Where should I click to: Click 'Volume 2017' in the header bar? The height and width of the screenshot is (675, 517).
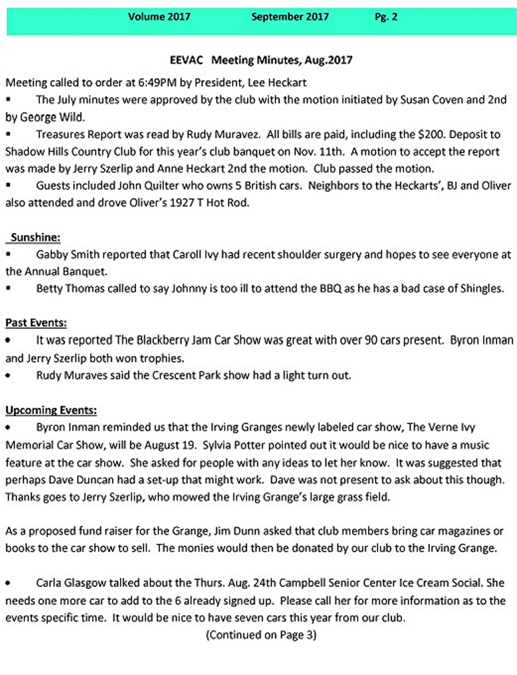(159, 17)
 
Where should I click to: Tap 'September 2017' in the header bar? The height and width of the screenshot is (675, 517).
(290, 17)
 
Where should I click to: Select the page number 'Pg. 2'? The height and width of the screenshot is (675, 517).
(386, 17)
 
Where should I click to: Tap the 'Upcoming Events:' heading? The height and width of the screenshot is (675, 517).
(51, 410)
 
